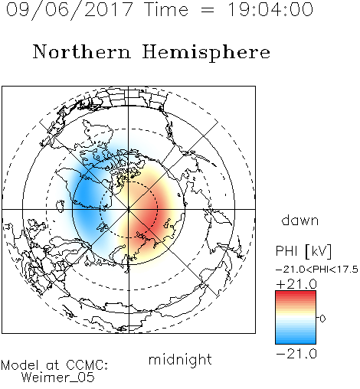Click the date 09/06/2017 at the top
(x=70, y=10)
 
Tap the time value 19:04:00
(x=270, y=9)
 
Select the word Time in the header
(x=166, y=9)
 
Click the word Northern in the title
(x=82, y=52)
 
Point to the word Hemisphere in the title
(x=206, y=52)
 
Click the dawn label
(x=300, y=220)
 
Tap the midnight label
(x=180, y=359)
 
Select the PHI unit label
(x=286, y=251)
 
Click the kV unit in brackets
(x=318, y=251)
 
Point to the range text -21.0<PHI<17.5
(x=317, y=270)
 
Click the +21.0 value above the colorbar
(x=296, y=284)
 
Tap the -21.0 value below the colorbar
(x=296, y=354)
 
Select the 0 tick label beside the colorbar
(x=322, y=319)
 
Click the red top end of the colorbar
(x=296, y=293)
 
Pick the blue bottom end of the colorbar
(x=296, y=342)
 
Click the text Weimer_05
(x=58, y=377)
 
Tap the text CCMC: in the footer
(x=87, y=365)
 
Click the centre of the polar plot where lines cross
(x=129, y=209)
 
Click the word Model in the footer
(x=20, y=365)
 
